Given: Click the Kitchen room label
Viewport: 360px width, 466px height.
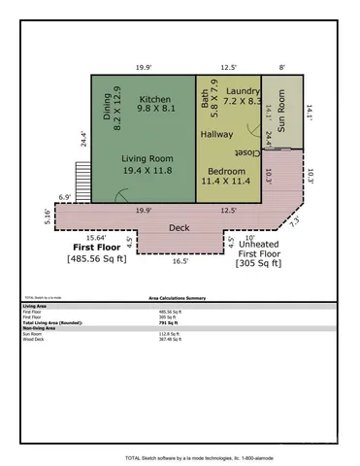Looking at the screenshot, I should coord(155,99).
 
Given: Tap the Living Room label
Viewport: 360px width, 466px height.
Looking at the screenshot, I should coord(147,157).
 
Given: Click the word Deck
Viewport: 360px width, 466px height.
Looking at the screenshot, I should coord(180,227).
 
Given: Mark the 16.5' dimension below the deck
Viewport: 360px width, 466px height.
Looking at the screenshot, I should coord(181,260).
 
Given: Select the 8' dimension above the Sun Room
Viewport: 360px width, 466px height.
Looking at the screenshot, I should coord(282,67).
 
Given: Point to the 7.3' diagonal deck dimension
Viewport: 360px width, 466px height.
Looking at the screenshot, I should coord(293,219).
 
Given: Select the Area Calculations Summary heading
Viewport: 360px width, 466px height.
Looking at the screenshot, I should coord(180,301).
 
